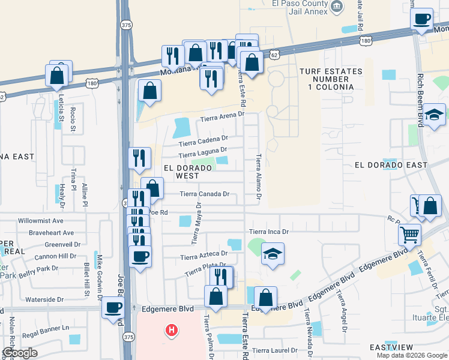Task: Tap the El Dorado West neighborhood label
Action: (185, 172)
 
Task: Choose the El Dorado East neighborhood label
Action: (391, 165)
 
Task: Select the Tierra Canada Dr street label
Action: (205, 194)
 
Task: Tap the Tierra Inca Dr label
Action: (270, 232)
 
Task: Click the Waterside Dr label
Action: (43, 299)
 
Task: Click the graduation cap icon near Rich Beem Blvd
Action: (434, 115)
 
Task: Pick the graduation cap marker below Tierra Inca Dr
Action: (273, 254)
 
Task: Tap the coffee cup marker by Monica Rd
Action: (422, 19)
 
